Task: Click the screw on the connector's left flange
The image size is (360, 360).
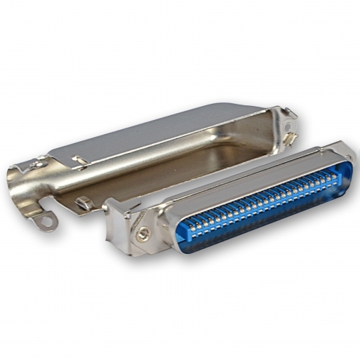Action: click(x=142, y=234)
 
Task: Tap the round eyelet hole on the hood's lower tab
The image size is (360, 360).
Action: click(x=47, y=223)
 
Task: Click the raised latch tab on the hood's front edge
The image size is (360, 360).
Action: click(x=84, y=204)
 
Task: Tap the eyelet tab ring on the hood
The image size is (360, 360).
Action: click(x=47, y=223)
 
